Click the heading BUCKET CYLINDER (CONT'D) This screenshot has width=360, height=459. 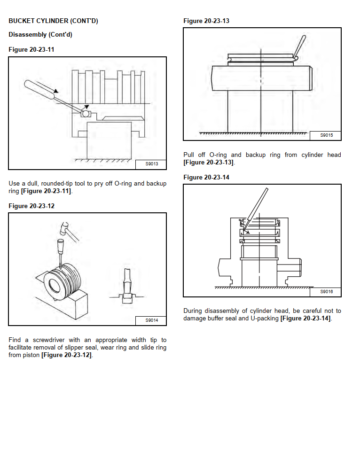click(x=53, y=21)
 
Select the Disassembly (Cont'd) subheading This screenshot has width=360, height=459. click(x=40, y=35)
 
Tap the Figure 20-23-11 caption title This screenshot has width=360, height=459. click(x=31, y=49)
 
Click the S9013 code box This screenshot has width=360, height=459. click(x=151, y=164)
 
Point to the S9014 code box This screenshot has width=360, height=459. click(x=151, y=320)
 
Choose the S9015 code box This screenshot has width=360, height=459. click(x=326, y=135)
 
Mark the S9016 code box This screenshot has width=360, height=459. click(x=326, y=292)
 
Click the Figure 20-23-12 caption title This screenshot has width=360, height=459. click(x=31, y=206)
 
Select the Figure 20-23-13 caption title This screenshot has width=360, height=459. click(x=206, y=21)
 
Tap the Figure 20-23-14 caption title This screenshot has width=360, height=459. click(x=206, y=177)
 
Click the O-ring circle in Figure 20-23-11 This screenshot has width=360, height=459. click(x=86, y=114)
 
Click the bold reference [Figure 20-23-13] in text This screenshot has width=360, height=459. click(x=208, y=163)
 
